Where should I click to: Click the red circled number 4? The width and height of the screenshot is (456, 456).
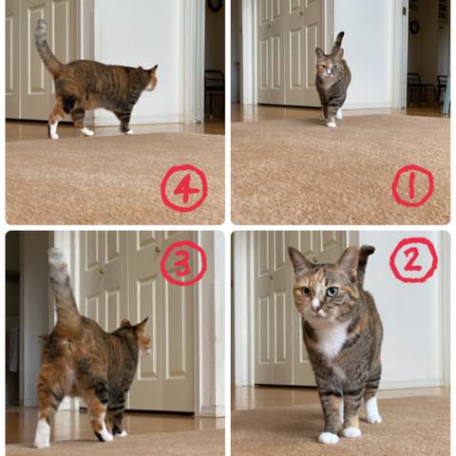pyautogui.click(x=184, y=189)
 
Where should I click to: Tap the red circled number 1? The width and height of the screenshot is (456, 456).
pyautogui.click(x=412, y=186)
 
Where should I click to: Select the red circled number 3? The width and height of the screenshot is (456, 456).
pyautogui.click(x=183, y=263)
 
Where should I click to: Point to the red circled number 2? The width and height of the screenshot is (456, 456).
pyautogui.click(x=413, y=260)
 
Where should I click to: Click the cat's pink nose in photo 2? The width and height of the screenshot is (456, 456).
pyautogui.click(x=315, y=307)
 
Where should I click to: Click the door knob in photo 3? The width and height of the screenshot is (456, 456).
pyautogui.click(x=158, y=250)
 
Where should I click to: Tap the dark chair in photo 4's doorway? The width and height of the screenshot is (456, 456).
pyautogui.click(x=215, y=87)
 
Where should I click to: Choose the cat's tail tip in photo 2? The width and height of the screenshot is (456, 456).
pyautogui.click(x=367, y=250)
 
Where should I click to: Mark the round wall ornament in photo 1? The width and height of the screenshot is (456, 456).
pyautogui.click(x=414, y=27)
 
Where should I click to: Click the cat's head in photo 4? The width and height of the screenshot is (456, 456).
pyautogui.click(x=148, y=78)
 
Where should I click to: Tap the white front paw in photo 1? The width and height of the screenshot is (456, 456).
pyautogui.click(x=331, y=123)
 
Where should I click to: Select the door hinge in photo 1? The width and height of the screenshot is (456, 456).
pyautogui.click(x=405, y=10)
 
